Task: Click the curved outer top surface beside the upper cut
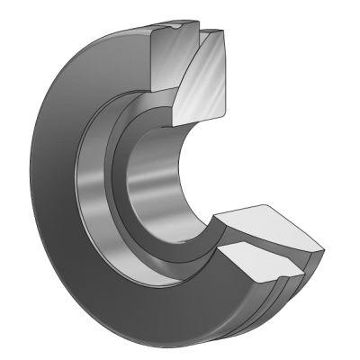(x=126, y=40)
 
